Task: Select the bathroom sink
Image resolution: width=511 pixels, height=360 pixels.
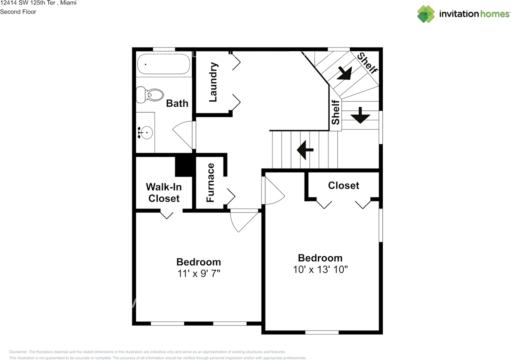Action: pos(145,132)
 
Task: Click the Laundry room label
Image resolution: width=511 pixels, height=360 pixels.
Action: pos(213,82)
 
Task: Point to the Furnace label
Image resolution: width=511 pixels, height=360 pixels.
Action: pos(210,183)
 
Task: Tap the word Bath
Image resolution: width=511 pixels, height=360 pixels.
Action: pos(177,103)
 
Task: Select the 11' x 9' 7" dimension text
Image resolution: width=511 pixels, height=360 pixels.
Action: pos(198,274)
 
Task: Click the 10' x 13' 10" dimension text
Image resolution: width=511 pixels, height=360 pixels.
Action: pos(320,269)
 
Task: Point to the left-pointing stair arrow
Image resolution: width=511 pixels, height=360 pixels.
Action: pos(305,150)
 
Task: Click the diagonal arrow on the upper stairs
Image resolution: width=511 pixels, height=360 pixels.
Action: pos(344,73)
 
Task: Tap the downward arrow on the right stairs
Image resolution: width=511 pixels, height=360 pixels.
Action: pos(360,115)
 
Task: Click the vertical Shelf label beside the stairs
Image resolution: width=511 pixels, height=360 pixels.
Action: pos(335,112)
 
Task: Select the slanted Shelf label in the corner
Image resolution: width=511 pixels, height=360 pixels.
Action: pos(367,63)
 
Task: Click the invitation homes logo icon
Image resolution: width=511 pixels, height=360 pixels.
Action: pos(426,14)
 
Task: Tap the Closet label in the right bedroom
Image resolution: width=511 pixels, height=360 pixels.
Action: pos(343,185)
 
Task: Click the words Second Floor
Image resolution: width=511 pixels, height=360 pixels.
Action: pos(18,12)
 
